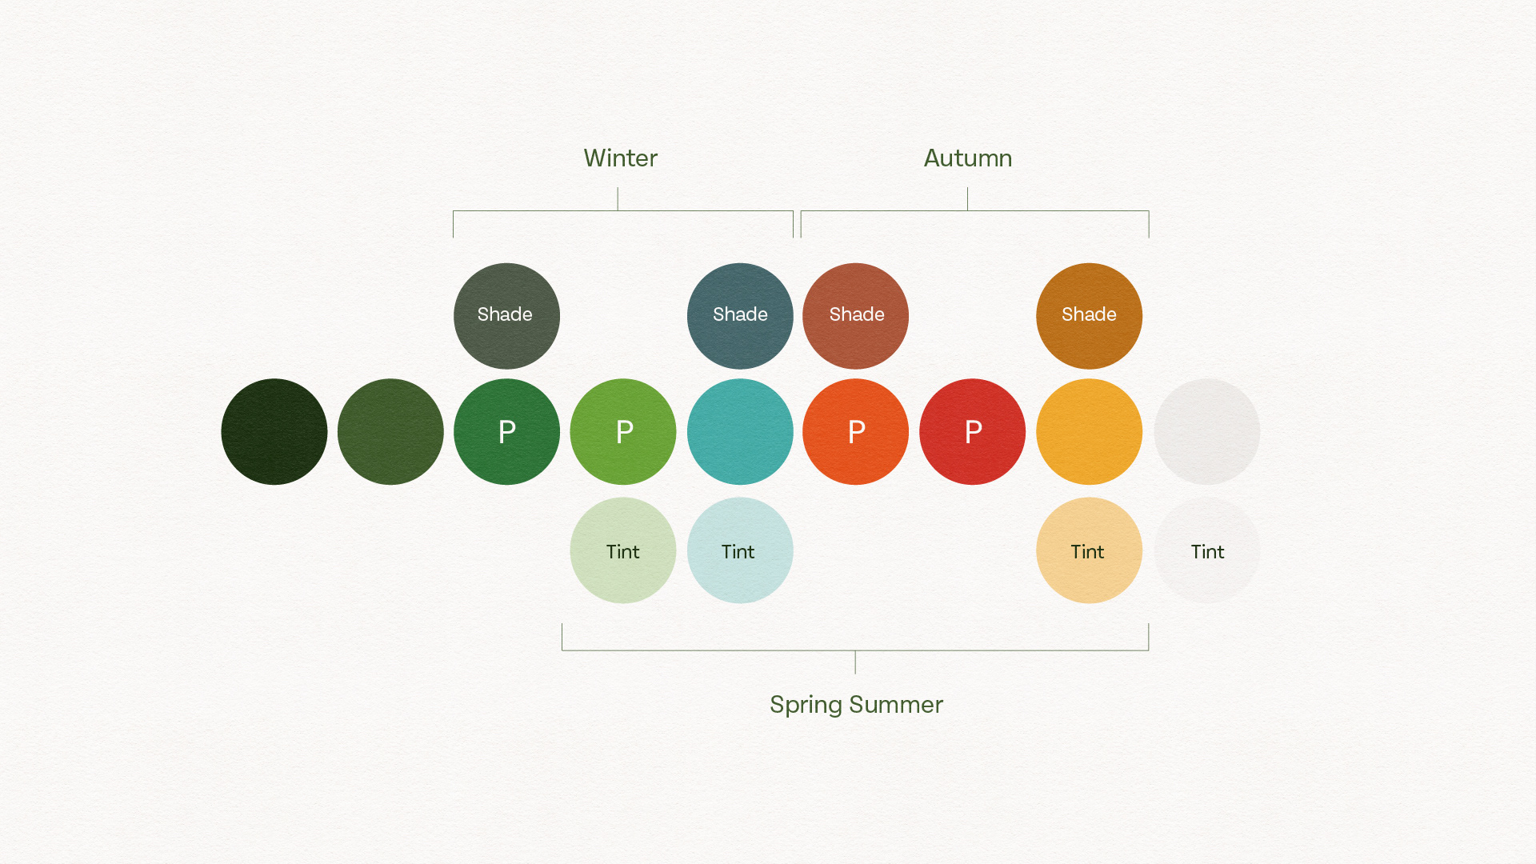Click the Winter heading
620,158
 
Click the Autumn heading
968,158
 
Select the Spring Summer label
856,706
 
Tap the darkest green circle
274,432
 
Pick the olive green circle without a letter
390,432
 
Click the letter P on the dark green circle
507,432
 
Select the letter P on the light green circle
625,432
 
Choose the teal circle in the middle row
740,432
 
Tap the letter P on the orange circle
857,432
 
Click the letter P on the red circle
974,432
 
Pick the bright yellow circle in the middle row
1089,432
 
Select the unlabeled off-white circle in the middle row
1206,432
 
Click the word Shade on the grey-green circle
505,314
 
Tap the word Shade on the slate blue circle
740,314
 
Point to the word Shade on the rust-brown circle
857,314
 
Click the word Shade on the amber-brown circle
1089,314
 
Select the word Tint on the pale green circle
623,552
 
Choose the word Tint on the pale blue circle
738,552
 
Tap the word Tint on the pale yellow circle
1087,552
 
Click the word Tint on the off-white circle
1207,552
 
